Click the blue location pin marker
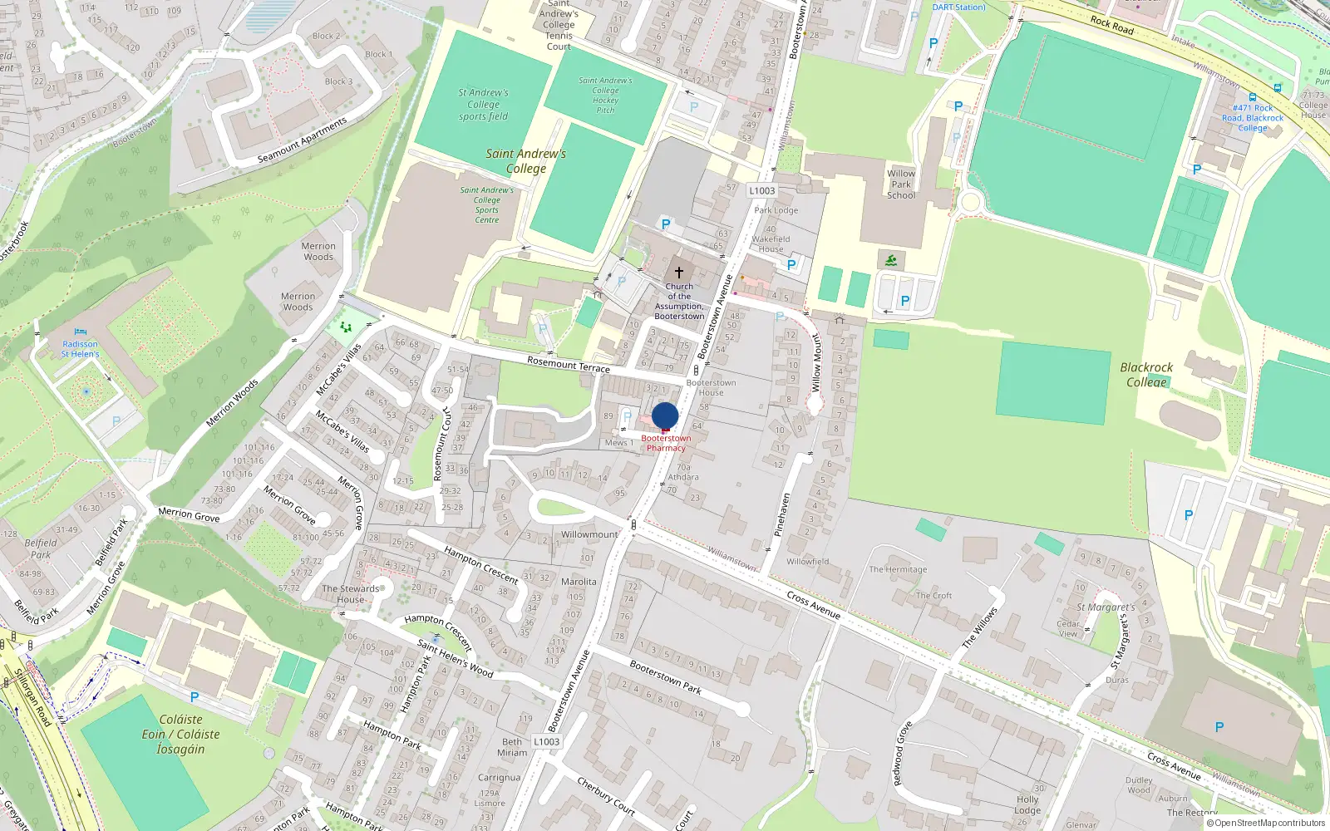coord(665,415)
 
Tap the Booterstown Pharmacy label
coord(666,443)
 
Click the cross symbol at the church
coord(679,273)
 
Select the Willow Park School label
coord(901,184)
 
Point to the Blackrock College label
coord(1146,375)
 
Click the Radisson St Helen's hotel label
coord(80,349)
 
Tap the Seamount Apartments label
coord(303,140)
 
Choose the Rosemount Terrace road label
coord(569,364)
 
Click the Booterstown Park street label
coord(665,677)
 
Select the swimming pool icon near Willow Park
coord(891,261)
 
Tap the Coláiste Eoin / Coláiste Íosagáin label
coord(180,734)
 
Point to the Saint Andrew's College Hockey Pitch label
coord(605,96)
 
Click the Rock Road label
coord(1111,26)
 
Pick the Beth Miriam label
coord(512,747)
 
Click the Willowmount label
coord(590,534)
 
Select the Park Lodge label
coord(776,210)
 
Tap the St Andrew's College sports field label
coord(483,105)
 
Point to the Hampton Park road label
coord(392,735)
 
